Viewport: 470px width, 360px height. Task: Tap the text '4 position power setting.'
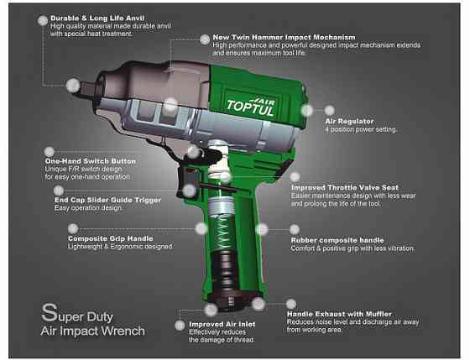point(361,129)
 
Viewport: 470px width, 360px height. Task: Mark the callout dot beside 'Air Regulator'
point(307,109)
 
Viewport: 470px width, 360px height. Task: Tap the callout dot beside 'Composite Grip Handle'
point(201,227)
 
